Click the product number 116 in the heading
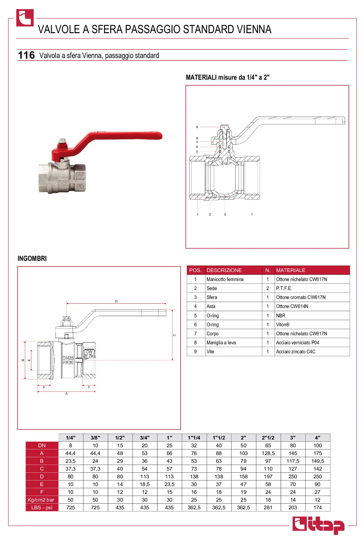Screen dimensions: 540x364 point(26,55)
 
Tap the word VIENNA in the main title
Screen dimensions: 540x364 point(254,29)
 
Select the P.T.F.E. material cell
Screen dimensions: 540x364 point(284,288)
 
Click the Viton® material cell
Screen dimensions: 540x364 point(283,324)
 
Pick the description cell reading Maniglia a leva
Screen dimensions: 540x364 point(221,342)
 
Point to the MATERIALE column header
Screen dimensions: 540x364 point(290,270)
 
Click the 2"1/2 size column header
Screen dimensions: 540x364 point(268,438)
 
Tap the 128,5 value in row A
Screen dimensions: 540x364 point(268,453)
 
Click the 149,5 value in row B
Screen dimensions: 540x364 point(317,461)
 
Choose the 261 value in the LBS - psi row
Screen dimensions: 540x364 point(268,507)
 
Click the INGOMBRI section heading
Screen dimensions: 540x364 point(32,258)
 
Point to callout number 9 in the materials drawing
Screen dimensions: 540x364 point(197,127)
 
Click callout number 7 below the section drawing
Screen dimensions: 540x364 point(252,214)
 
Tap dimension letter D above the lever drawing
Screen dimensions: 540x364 point(116,301)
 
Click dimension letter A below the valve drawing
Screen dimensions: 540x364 point(66,394)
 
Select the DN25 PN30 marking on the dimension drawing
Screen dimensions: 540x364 point(68,360)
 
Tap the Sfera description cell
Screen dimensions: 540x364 point(212,297)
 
